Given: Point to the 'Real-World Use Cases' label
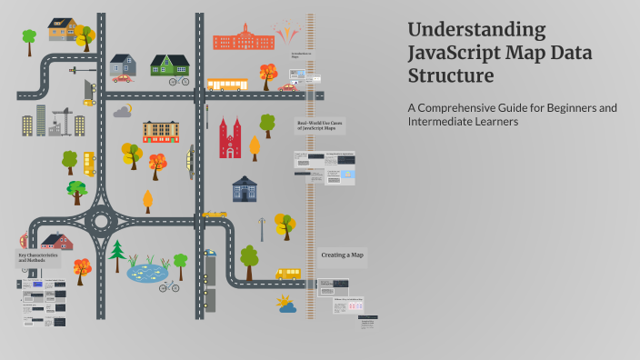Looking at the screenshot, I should point(319,126).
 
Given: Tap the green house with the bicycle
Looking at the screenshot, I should point(169,65).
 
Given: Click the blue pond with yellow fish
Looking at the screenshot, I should point(146,271).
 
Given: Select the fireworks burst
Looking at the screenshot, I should point(287,32).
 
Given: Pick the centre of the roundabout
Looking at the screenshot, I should point(99,219).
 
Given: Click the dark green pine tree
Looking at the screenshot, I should point(116,254).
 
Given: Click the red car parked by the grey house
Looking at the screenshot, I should point(122,79).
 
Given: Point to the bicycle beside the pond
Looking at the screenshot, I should point(168,286).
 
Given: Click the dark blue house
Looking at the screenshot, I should point(245,188).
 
